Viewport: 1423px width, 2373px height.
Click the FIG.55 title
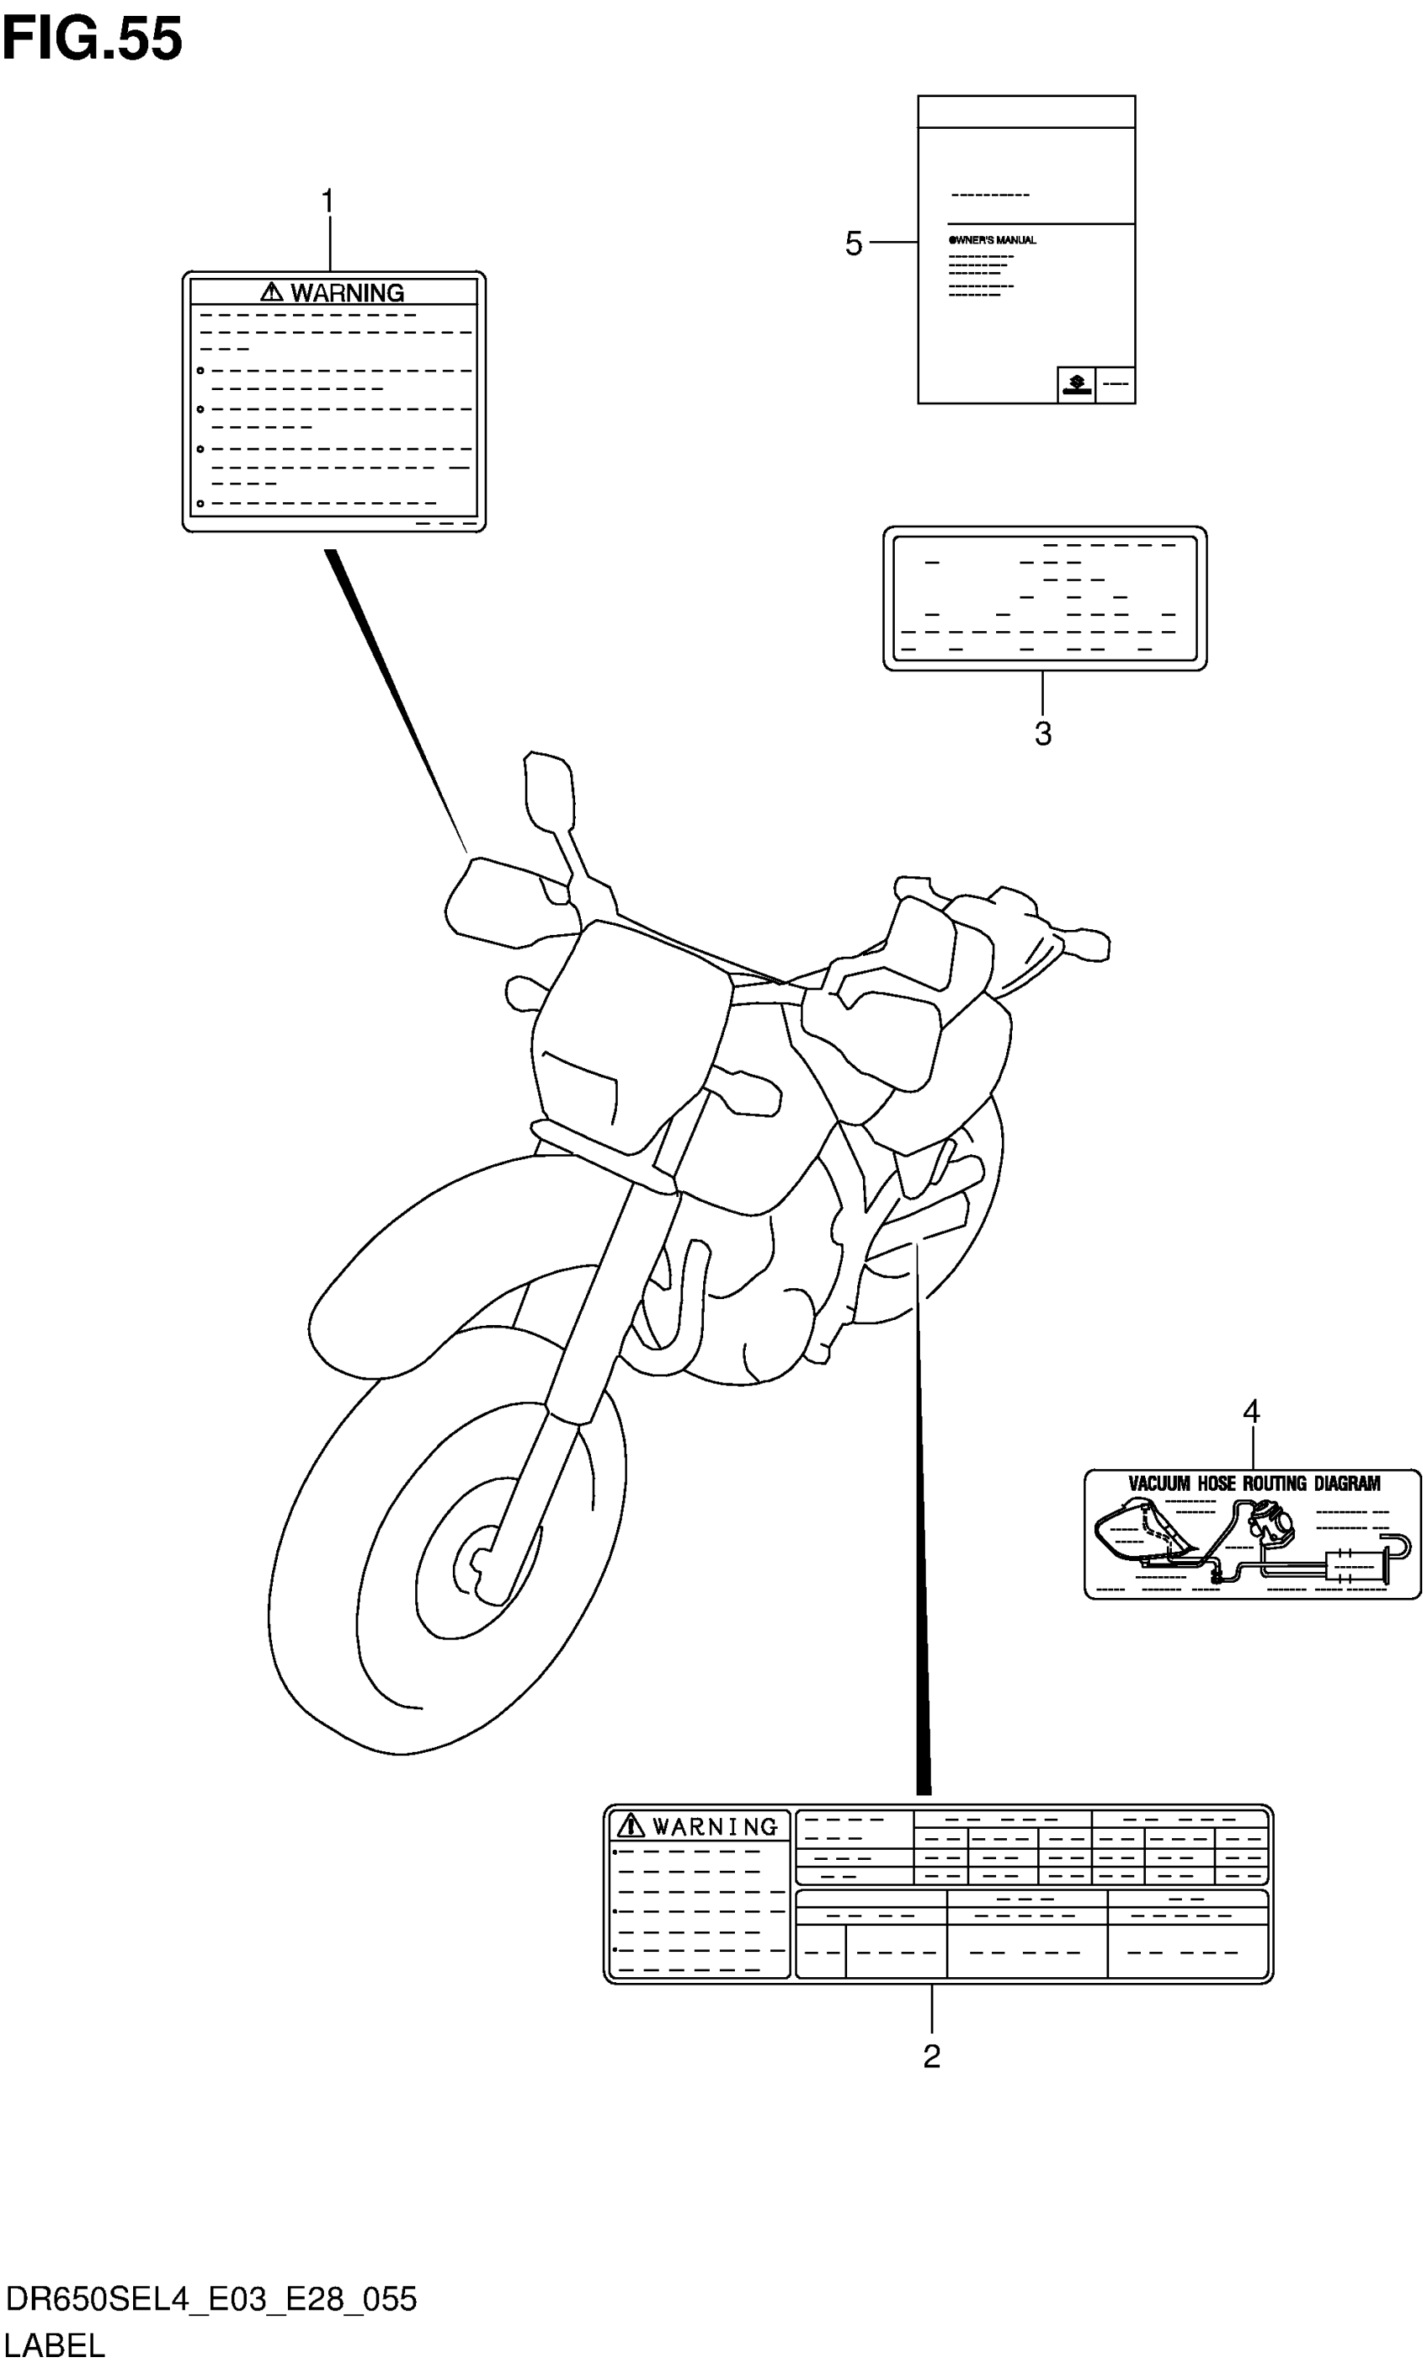coord(92,39)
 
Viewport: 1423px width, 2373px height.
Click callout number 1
coord(328,203)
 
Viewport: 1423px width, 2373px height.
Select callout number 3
coord(1043,733)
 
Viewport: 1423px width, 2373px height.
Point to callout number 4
coord(1251,1411)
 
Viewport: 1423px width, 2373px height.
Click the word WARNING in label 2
coord(716,1827)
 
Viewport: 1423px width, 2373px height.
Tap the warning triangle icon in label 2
coord(630,1826)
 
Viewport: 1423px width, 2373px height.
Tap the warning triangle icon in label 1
coord(272,292)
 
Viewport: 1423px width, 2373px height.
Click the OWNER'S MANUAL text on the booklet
coord(993,239)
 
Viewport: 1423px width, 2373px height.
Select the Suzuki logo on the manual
coord(1076,384)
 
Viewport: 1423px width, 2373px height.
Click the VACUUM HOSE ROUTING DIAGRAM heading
coord(1253,1484)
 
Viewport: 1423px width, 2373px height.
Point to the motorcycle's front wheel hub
coord(480,1563)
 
